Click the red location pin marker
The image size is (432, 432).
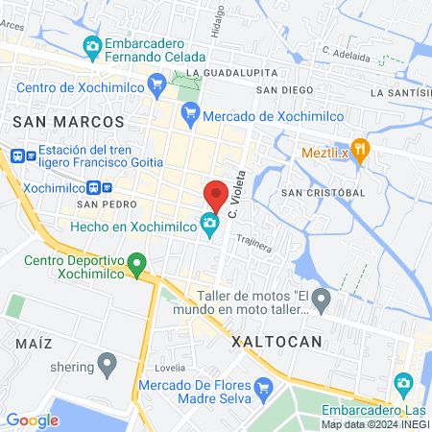click(x=217, y=196)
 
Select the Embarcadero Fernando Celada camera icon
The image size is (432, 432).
click(x=92, y=45)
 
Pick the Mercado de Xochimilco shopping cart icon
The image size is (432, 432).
click(x=190, y=113)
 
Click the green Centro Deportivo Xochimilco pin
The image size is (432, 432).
click(x=137, y=261)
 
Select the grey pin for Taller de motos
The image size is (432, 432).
click(x=322, y=301)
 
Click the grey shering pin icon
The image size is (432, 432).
click(x=108, y=365)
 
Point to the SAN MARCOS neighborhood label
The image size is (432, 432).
click(x=69, y=122)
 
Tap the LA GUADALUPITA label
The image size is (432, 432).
click(x=226, y=73)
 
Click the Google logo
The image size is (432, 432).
click(x=32, y=420)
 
